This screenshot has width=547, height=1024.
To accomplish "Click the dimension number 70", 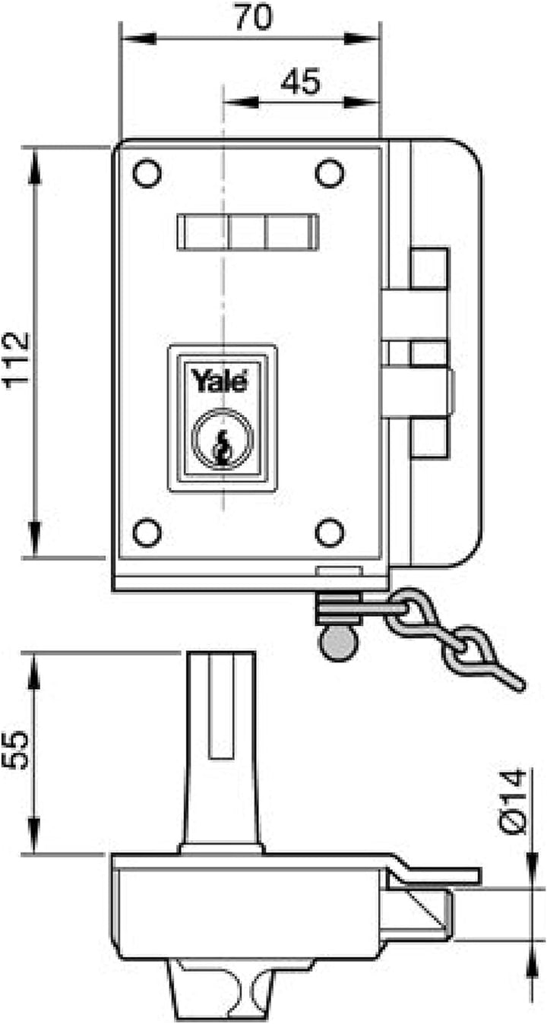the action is [254, 17].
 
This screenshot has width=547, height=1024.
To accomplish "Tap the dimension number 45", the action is [301, 82].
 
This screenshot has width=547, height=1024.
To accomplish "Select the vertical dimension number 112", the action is [17, 360].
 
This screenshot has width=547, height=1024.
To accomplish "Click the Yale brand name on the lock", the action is [220, 381].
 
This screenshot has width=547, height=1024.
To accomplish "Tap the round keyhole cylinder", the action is [223, 438].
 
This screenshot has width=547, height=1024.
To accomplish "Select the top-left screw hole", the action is [147, 173].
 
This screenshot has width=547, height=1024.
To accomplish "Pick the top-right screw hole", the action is [330, 173].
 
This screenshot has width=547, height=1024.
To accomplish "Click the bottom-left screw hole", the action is [147, 533].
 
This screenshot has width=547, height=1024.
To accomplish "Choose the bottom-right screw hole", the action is [330, 533].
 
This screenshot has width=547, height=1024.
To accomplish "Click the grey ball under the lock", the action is [339, 643].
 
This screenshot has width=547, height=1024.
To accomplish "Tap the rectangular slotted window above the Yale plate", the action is [248, 232].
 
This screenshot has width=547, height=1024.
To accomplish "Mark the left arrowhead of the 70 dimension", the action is [138, 38].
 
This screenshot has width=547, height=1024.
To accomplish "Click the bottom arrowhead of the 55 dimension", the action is [34, 835].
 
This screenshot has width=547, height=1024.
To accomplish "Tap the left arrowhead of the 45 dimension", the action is [241, 102].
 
